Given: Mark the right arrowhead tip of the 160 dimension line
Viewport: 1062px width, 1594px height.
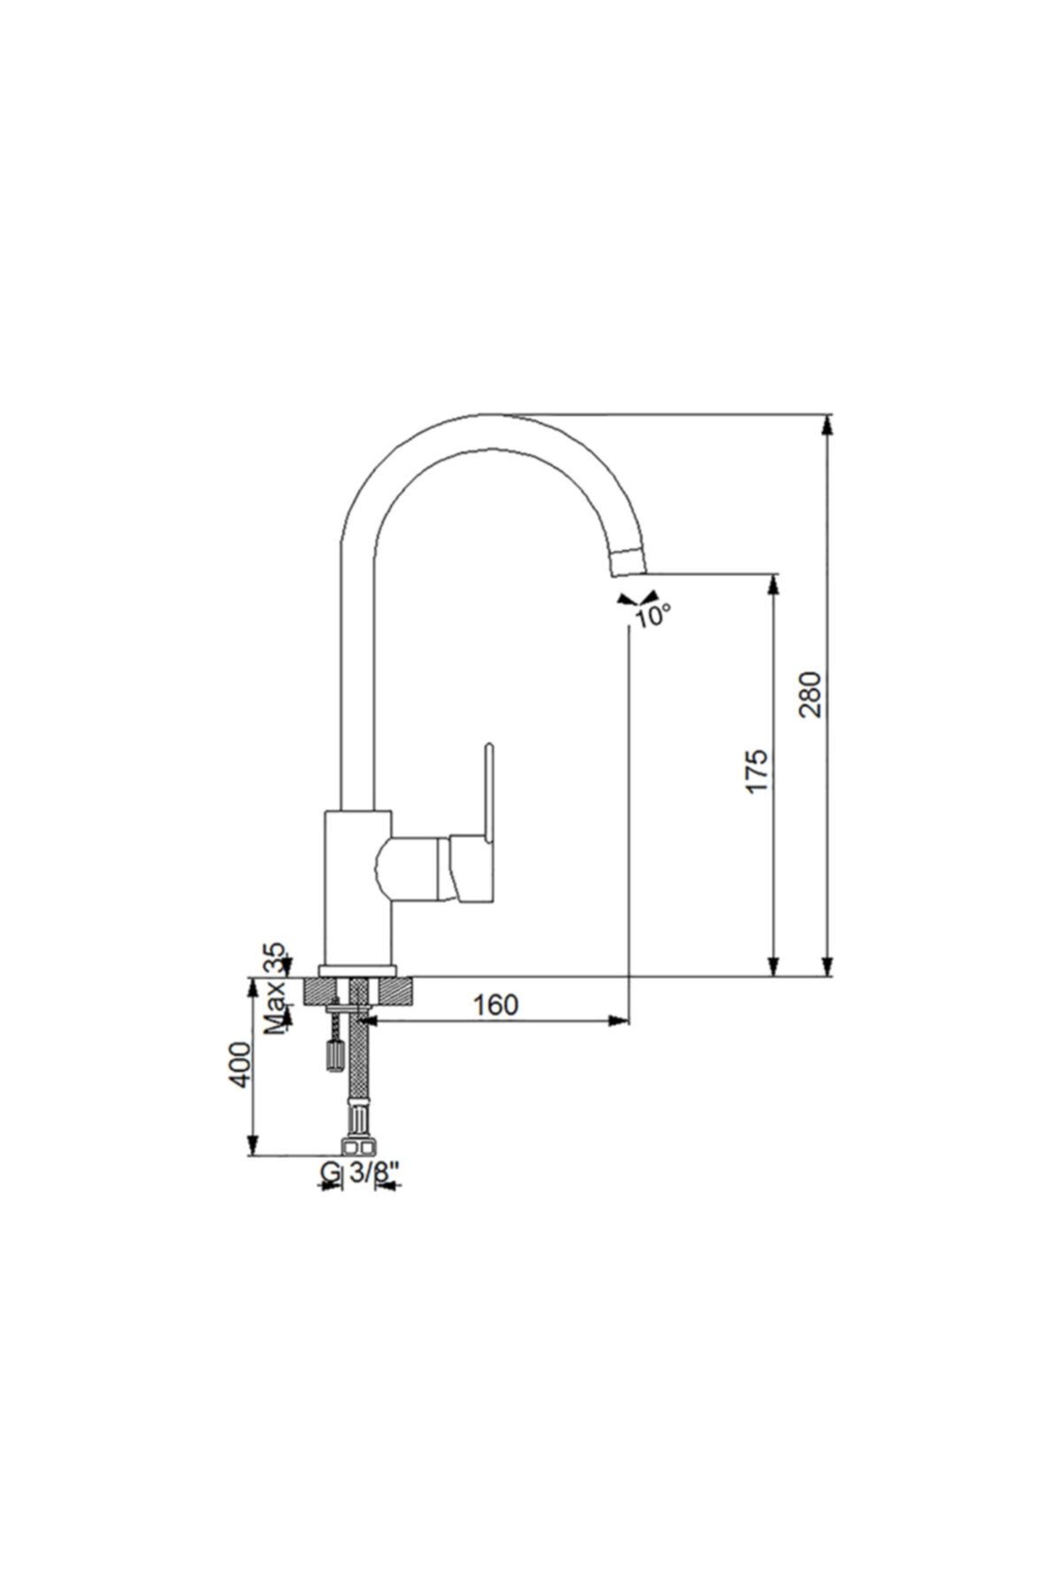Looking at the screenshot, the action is pyautogui.click(x=629, y=1021).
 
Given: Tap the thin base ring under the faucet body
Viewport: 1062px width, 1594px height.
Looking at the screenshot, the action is pyautogui.click(x=358, y=971).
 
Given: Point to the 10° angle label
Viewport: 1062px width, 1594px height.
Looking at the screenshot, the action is pyautogui.click(x=653, y=615).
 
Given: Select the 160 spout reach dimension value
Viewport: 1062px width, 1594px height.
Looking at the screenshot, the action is pyautogui.click(x=495, y=1005).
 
